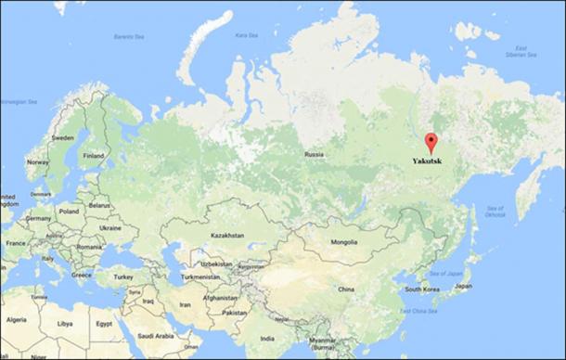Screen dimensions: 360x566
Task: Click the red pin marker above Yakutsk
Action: click(x=431, y=142)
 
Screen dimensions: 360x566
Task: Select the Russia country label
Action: click(x=314, y=154)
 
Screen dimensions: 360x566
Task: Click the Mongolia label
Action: click(x=342, y=243)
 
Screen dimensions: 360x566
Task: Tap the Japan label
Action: click(x=463, y=287)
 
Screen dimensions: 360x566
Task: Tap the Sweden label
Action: click(x=62, y=138)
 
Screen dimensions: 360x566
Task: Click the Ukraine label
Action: click(x=110, y=227)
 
